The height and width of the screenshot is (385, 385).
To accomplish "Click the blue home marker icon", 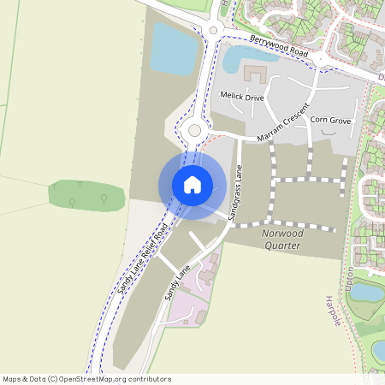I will click(x=192, y=184).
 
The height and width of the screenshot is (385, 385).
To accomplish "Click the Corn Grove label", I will click(x=330, y=121).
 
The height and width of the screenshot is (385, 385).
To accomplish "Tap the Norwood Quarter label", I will click(x=282, y=238).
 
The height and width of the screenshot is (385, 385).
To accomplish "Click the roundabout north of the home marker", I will click(x=194, y=131).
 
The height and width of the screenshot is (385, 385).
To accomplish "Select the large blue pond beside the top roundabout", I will click(x=175, y=49).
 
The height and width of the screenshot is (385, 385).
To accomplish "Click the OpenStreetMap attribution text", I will click(x=86, y=379).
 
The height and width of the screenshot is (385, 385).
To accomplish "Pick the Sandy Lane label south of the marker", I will click(x=176, y=281).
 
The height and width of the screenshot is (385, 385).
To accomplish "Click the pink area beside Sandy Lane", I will click(x=192, y=299).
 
